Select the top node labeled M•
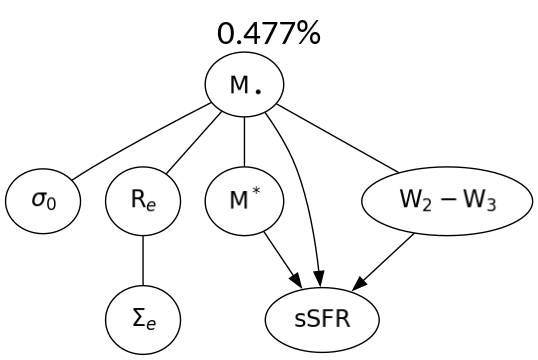pos(245,86)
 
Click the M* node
pos(245,201)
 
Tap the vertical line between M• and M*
pos(245,142)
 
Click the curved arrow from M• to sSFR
pos(304,180)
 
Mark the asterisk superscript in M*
pos(256,194)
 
